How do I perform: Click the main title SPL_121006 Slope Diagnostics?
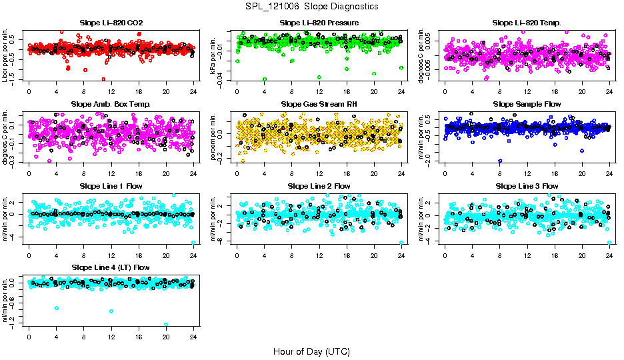click(x=311, y=6)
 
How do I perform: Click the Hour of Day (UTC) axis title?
click(x=311, y=351)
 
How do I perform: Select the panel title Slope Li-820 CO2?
click(x=111, y=23)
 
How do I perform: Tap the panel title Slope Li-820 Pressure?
click(x=319, y=23)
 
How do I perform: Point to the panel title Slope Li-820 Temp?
click(x=527, y=23)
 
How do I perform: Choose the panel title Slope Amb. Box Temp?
click(x=111, y=105)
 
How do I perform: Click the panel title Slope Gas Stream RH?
click(x=319, y=105)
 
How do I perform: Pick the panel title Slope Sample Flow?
click(x=527, y=105)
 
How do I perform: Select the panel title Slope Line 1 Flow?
click(x=111, y=186)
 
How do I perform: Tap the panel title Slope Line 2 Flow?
click(x=319, y=186)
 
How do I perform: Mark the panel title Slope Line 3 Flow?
click(x=527, y=186)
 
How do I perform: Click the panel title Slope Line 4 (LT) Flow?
click(x=111, y=267)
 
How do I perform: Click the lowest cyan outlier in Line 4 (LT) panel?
click(x=166, y=325)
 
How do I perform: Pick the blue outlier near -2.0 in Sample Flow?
click(x=500, y=161)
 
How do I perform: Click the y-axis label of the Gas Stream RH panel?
click(x=213, y=134)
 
